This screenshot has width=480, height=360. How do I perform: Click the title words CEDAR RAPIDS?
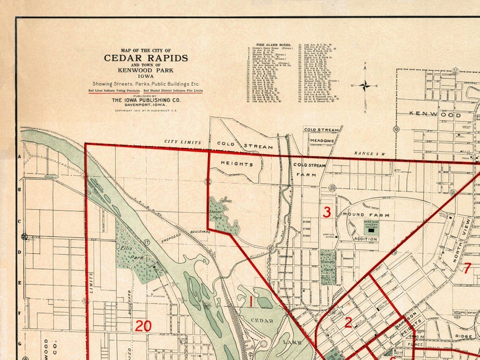point(146,58)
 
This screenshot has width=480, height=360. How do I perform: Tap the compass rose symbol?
point(365,85)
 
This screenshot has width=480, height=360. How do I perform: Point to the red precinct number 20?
point(143,326)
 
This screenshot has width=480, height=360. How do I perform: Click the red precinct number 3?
point(326,212)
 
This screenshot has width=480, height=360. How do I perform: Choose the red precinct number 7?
point(467,268)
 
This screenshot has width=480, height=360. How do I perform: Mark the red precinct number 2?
point(348,323)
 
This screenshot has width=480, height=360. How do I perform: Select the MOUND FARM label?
point(362,214)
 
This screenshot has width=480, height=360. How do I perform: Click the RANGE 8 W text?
point(369,153)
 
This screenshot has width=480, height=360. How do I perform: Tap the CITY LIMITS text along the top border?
point(182,142)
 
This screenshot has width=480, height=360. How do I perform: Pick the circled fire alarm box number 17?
point(147,243)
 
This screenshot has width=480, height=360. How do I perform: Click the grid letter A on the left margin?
point(20,156)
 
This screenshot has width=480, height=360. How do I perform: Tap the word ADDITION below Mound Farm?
point(366,239)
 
